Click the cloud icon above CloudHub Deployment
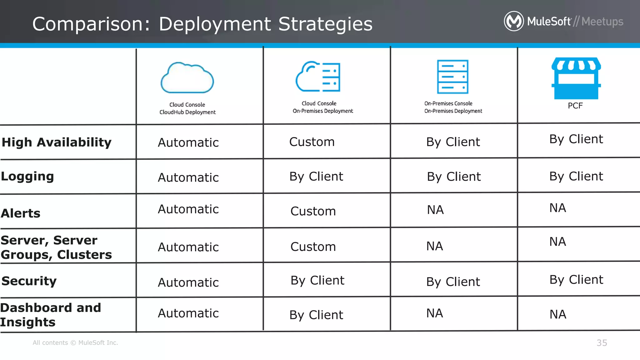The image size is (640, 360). coord(187,78)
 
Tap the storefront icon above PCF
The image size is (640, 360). coord(576,78)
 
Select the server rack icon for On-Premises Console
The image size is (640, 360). coord(452,77)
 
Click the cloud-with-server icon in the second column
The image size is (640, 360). coord(318,77)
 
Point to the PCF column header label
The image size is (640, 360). coord(575,106)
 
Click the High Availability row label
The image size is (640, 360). coord(57,142)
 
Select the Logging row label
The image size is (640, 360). coord(27,176)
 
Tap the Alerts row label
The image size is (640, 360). coord(21,213)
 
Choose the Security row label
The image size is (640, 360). coord(29,281)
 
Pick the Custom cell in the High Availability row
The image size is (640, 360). coord(312,142)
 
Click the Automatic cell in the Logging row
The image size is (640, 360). coord(188,177)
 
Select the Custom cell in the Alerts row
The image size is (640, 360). coord(313,211)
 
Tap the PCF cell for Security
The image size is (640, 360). coord(576,280)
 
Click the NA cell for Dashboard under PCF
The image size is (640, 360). coord(558,314)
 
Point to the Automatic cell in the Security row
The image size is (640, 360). coord(188,282)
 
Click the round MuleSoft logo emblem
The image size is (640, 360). coord(514,21)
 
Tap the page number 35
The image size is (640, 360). coord(602,343)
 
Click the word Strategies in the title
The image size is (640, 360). coord(325,24)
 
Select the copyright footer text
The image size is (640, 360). coord(75,343)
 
